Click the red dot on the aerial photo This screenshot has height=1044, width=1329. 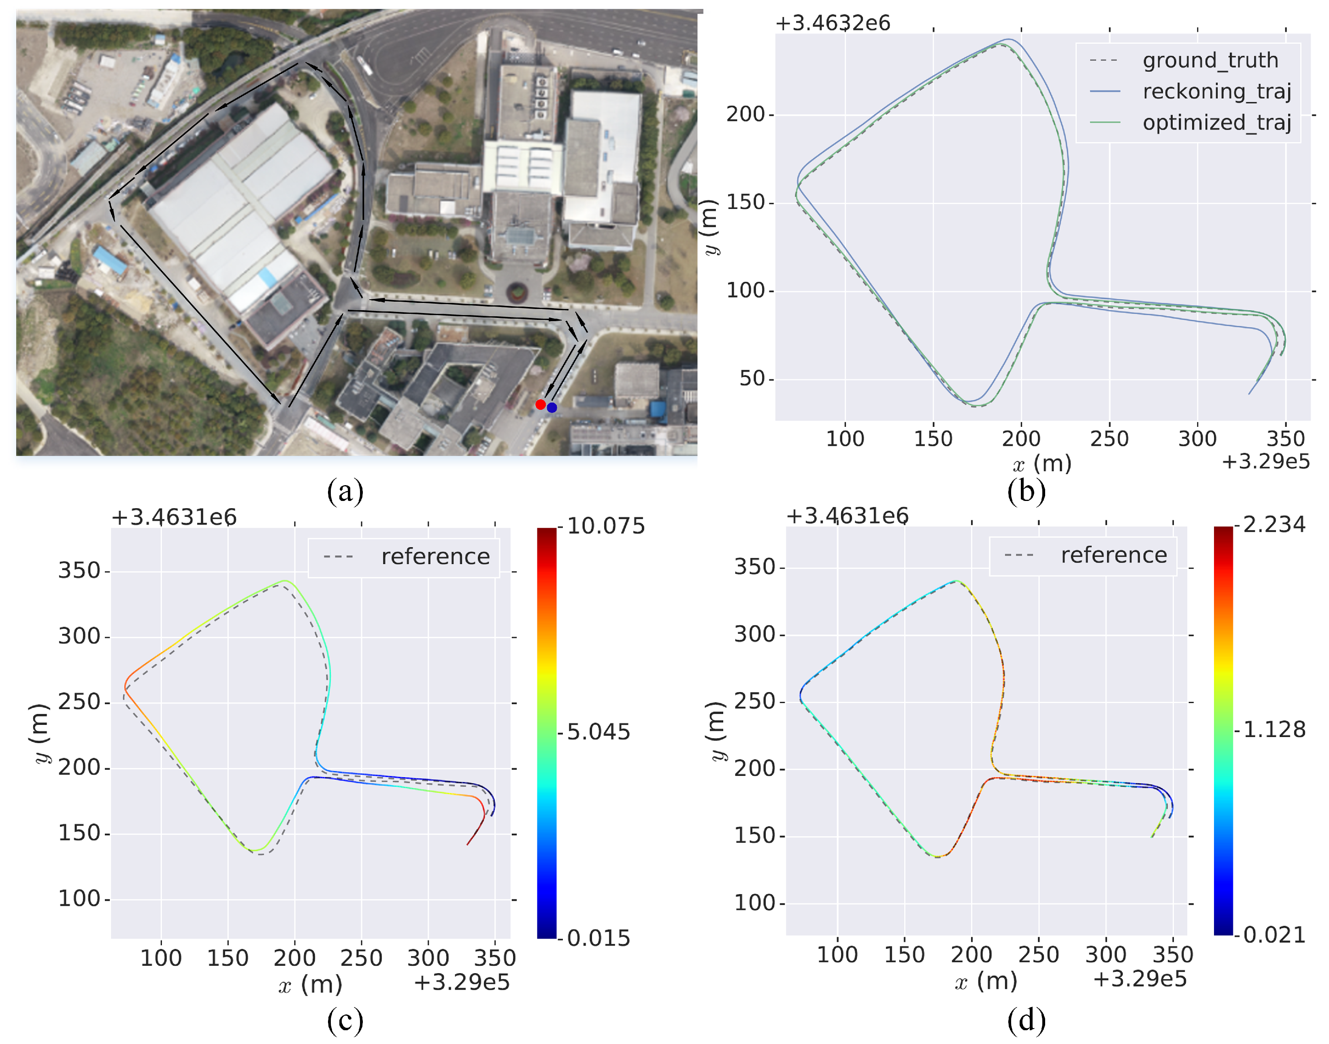pos(540,405)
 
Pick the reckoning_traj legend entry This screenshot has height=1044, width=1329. pos(1216,92)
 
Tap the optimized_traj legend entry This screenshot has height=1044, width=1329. pos(1216,123)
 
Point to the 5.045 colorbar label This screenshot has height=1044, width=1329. pos(598,732)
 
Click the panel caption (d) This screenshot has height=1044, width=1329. pos(1026,1020)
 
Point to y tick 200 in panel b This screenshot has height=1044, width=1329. pos(745,114)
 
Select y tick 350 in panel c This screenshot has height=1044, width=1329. pos(79,571)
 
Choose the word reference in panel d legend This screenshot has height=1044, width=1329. pos(1113,555)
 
